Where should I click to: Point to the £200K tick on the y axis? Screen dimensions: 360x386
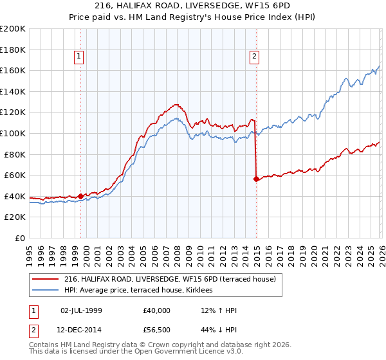13,29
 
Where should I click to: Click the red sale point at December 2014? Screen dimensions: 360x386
256,179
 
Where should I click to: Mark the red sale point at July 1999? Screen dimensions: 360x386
80,196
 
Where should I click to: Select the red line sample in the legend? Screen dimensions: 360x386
46,279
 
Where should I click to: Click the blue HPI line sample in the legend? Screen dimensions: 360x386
46,291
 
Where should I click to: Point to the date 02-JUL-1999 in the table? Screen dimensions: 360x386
82,310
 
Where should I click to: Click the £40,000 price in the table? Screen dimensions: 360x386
157,310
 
